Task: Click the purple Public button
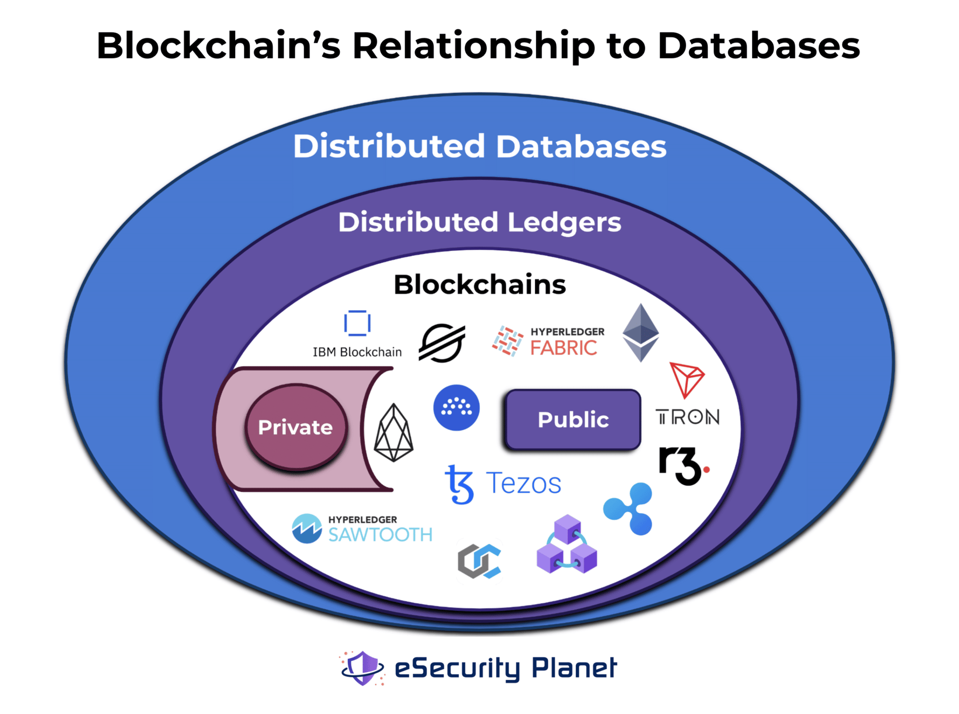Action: tap(572, 419)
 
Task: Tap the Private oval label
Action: tap(295, 427)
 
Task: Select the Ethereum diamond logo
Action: tap(640, 333)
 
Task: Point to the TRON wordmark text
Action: tap(687, 417)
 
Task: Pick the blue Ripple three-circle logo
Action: tap(629, 508)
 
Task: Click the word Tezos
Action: tap(523, 483)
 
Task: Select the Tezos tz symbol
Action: tap(459, 484)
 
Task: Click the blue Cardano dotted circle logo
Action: tap(456, 407)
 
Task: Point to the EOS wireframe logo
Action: tap(394, 432)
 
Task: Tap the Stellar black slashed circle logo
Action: tap(442, 343)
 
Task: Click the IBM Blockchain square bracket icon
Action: tap(357, 323)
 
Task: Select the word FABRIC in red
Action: tap(563, 348)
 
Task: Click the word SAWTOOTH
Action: tap(380, 535)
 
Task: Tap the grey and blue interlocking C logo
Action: tap(479, 562)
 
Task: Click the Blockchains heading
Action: tap(479, 285)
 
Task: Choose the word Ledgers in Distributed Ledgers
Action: tap(564, 222)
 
